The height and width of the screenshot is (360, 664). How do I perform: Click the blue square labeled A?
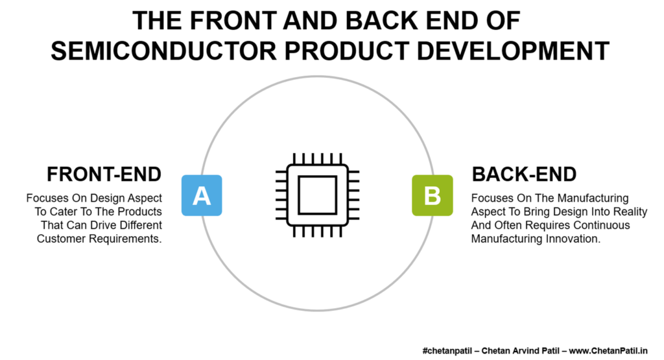pyautogui.click(x=202, y=195)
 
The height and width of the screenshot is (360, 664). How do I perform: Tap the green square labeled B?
pyautogui.click(x=433, y=195)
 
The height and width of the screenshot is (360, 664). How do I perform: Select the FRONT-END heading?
pyautogui.click(x=104, y=174)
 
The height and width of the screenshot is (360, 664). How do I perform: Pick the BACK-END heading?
pyautogui.click(x=524, y=174)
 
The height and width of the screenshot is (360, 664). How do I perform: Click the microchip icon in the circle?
pyautogui.click(x=318, y=195)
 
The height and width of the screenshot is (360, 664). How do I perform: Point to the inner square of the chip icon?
pyautogui.click(x=318, y=195)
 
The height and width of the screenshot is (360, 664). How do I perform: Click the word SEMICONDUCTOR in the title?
pyautogui.click(x=163, y=51)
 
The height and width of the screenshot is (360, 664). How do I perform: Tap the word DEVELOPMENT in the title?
pyautogui.click(x=513, y=51)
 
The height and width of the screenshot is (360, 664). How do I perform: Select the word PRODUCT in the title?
pyautogui.click(x=347, y=51)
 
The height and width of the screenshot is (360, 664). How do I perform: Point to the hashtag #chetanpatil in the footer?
pyautogui.click(x=447, y=351)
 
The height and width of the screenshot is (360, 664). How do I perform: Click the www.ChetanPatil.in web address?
pyautogui.click(x=608, y=351)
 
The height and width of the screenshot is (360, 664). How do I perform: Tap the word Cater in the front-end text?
pyautogui.click(x=64, y=211)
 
